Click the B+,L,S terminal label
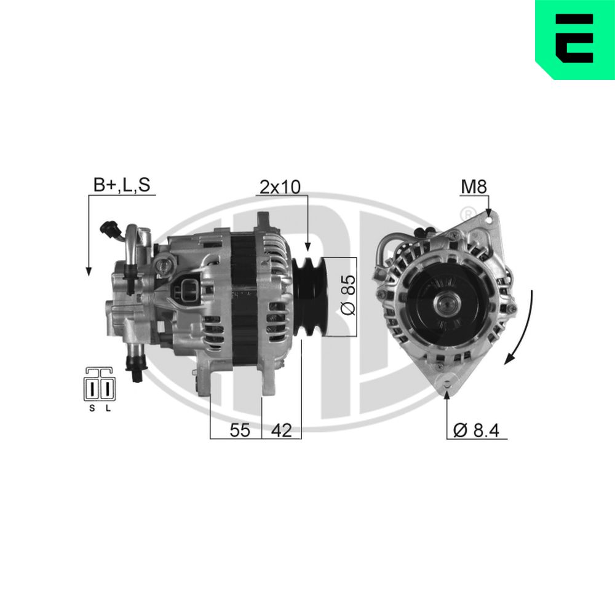pyautogui.click(x=121, y=185)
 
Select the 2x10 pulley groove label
pyautogui.click(x=280, y=186)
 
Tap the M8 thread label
pyautogui.click(x=474, y=186)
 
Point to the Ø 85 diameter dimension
pyautogui.click(x=347, y=297)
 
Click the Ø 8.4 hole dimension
pyautogui.click(x=477, y=430)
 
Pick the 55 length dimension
pyautogui.click(x=240, y=430)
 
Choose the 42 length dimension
pyautogui.click(x=281, y=430)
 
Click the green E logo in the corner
pyautogui.click(x=575, y=40)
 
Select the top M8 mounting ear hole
pyautogui.click(x=489, y=216)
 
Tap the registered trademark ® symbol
pyautogui.click(x=469, y=213)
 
